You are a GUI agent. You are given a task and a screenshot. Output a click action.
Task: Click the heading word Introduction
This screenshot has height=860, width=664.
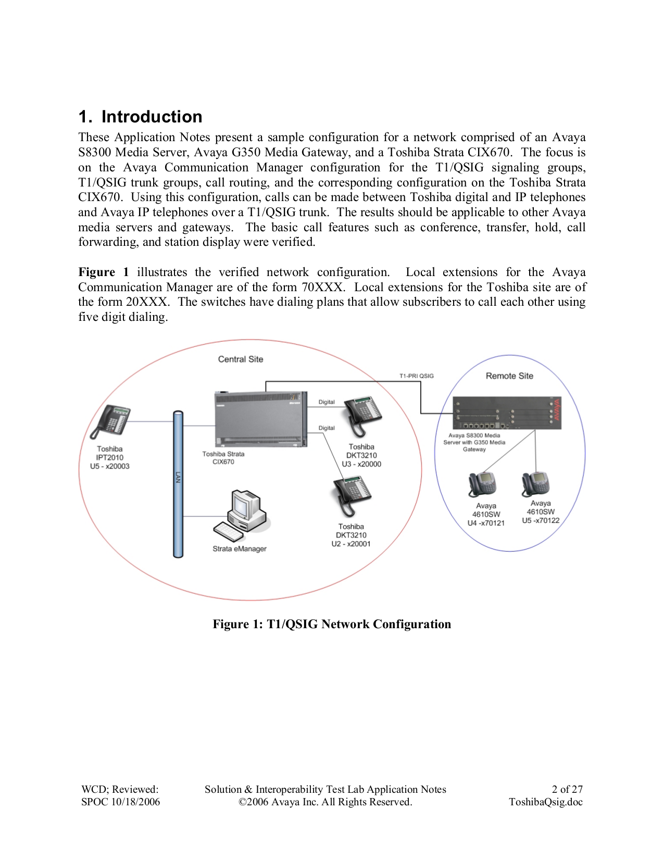point(152,117)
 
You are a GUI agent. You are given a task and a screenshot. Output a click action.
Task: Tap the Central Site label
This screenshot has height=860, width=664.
point(240,359)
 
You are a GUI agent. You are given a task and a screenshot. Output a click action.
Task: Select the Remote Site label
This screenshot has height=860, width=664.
point(509,376)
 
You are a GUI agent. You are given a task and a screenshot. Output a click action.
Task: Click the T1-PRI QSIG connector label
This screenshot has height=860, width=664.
point(416,376)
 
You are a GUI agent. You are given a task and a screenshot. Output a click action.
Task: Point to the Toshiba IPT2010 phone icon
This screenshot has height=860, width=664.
point(110,421)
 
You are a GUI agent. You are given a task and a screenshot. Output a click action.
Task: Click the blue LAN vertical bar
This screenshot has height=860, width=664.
point(178,484)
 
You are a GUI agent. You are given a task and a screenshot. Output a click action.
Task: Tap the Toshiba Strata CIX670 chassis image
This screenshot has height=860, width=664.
point(260,419)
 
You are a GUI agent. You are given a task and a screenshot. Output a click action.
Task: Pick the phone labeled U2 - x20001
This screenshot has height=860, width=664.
point(352,495)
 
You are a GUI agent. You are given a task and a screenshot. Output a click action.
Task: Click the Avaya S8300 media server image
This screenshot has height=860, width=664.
point(506,413)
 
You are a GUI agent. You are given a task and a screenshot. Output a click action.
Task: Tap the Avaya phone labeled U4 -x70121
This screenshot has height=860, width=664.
point(482,484)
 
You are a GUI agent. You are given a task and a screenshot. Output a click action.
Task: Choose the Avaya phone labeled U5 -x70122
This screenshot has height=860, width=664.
point(536,484)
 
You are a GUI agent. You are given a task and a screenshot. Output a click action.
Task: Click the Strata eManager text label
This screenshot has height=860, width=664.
point(239,549)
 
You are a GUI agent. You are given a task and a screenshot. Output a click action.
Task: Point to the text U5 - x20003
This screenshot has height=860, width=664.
point(109,466)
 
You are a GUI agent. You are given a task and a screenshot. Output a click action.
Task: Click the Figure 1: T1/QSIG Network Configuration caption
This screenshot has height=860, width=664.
point(332,624)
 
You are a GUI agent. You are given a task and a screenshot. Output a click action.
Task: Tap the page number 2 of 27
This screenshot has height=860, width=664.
point(567,789)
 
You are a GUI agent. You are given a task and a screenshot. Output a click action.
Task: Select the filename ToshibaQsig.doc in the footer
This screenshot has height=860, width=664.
point(545,802)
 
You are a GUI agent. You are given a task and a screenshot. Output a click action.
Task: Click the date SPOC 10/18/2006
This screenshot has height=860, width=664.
point(120,802)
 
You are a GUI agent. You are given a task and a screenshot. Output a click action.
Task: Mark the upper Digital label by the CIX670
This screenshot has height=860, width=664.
point(327,402)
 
